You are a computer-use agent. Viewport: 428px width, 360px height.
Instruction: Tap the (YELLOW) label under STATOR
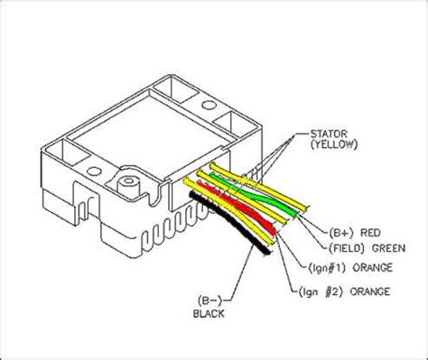coord(334,144)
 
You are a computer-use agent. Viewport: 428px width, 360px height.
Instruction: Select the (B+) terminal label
coord(341,233)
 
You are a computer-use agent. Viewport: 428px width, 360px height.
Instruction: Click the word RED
coord(370,233)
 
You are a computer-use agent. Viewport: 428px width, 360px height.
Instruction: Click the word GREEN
coord(388,248)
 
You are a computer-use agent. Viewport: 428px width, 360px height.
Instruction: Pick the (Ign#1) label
coord(327,267)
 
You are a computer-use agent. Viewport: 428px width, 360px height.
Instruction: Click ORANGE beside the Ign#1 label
coord(372,267)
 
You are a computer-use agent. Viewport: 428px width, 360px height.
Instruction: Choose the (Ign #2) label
coord(321,291)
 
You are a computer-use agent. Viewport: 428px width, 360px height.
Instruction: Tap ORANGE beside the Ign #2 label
coord(370,291)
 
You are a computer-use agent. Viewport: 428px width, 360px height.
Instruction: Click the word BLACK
coord(209,314)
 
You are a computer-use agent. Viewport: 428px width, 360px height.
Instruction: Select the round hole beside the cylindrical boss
coord(94,171)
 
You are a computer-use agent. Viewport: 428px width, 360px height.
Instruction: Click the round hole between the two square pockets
coord(209,105)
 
